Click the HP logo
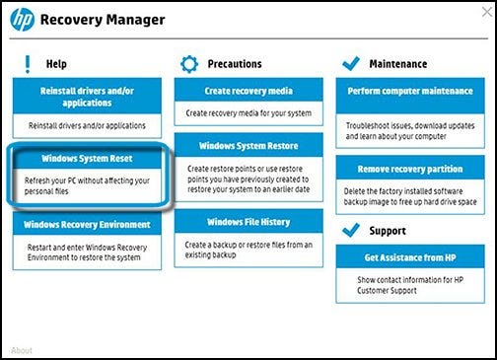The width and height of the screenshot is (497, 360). (23, 20)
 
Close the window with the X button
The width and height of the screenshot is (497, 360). (487, 12)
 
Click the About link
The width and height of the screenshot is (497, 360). (22, 350)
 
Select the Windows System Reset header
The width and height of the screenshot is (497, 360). (87, 159)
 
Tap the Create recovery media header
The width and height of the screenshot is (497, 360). (248, 90)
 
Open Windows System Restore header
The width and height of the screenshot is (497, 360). (248, 145)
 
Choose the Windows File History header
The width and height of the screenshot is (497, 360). (248, 222)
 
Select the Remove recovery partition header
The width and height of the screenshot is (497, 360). (410, 168)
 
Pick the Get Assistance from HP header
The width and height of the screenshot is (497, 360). (410, 256)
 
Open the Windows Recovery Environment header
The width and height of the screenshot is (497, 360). (87, 224)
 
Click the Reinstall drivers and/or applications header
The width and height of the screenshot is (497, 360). (87, 96)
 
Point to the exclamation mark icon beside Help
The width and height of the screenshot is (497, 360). (28, 64)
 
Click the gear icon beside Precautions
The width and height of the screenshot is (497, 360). (189, 64)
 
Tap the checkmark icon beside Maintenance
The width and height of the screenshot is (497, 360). (351, 63)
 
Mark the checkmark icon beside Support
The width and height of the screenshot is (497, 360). (351, 230)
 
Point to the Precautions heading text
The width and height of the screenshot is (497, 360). (235, 64)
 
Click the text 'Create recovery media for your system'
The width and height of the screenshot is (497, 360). (248, 113)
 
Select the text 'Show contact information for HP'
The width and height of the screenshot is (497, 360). (410, 280)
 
